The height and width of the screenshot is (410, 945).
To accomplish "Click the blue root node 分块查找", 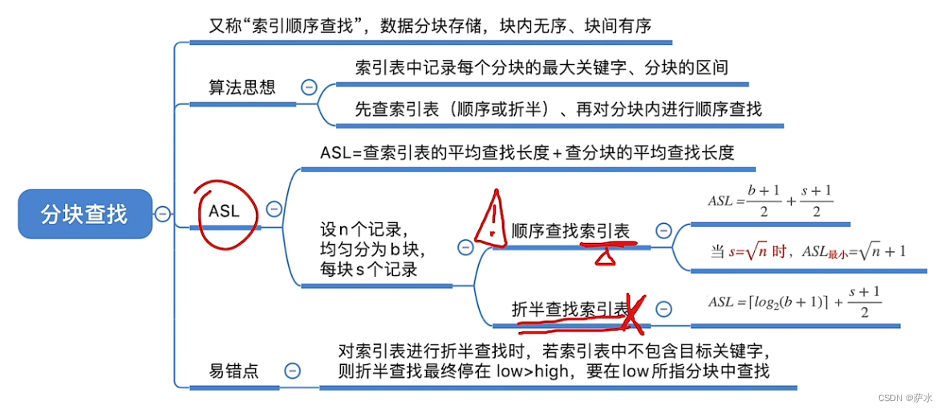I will coord(84,214).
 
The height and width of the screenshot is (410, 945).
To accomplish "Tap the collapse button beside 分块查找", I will coord(163,214).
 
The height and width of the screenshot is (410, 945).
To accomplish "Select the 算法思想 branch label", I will coord(241,87).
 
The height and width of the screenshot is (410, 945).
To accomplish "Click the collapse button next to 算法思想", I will coord(308,87).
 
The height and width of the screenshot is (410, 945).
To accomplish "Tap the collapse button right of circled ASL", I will coord(274,209).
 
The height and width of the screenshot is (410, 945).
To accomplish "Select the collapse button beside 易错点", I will coord(293,370).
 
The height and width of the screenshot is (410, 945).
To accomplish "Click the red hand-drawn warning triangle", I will coord(489,219).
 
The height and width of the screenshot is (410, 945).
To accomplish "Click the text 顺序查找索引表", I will coord(570,231).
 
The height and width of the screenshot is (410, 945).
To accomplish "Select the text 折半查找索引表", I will coord(570,309).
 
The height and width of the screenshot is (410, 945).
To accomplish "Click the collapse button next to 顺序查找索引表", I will coord(663,231).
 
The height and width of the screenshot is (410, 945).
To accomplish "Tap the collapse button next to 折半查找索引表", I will coord(663,308).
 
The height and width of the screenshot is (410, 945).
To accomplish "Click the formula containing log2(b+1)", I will coord(794,302).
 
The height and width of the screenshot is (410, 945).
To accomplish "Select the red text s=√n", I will coord(747,251).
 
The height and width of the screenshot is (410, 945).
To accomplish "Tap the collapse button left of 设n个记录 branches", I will coord(465,248).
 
